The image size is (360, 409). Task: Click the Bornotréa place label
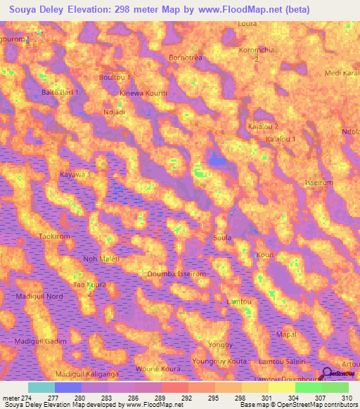click(x=186, y=57)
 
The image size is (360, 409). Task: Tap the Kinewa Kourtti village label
click(x=143, y=93)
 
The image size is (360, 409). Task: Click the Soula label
click(x=222, y=238)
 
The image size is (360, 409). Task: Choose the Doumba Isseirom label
click(x=176, y=273)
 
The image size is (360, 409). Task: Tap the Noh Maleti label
click(x=101, y=259)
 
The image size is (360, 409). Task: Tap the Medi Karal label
click(x=342, y=73)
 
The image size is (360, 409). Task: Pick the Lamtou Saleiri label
click(x=287, y=360)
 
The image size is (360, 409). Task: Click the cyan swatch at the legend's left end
click(x=41, y=387)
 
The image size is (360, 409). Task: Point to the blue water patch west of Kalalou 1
click(x=218, y=162)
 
